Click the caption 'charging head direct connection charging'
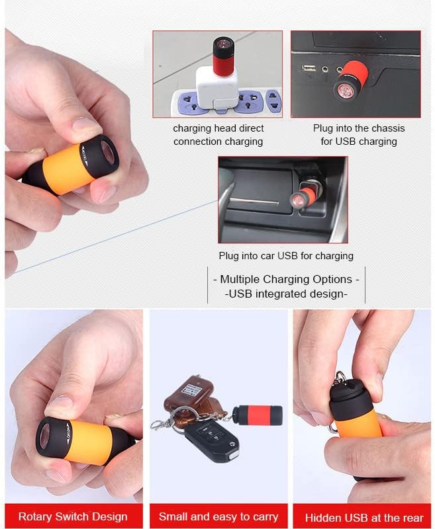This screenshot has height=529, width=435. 218,135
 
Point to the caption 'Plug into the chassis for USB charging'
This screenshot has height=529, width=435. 358,135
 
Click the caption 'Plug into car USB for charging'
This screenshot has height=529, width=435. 286,255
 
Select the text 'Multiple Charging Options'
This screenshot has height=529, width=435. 286,279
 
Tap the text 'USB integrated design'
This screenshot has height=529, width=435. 286,294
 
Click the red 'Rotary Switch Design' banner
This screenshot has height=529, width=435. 72,516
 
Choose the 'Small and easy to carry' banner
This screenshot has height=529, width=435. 218,516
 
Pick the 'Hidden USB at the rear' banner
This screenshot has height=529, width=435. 362,516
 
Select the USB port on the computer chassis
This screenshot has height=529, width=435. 309,68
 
